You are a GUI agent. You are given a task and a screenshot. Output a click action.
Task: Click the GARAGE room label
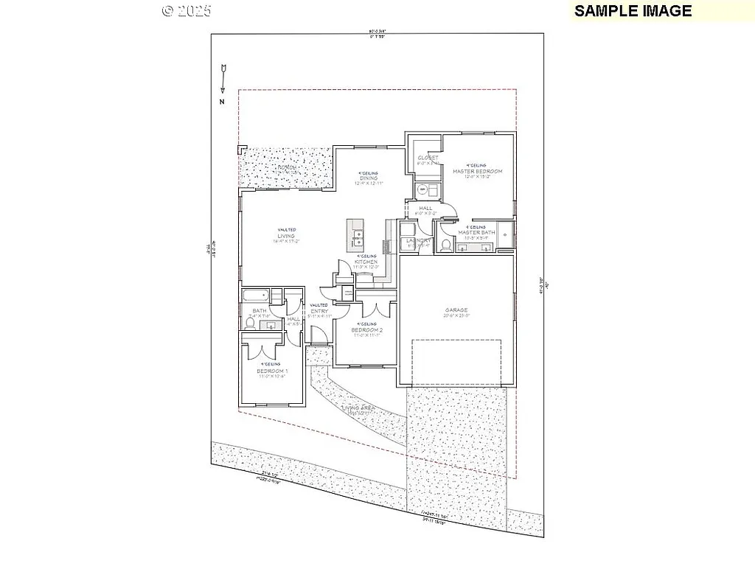click(x=456, y=310)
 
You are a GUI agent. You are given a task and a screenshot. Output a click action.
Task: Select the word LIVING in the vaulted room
click(x=287, y=236)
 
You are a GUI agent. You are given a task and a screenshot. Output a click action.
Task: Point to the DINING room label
click(x=369, y=178)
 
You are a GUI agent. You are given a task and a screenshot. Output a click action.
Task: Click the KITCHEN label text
click(x=366, y=262)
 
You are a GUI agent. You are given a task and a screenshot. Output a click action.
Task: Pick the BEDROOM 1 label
click(x=271, y=371)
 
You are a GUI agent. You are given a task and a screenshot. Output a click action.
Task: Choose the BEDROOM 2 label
click(x=368, y=330)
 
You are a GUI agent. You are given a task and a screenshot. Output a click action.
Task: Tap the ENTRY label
click(x=319, y=311)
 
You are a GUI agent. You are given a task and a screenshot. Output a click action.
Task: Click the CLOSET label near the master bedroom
click(x=428, y=158)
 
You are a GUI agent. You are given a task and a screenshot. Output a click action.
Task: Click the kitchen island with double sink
click(x=357, y=235)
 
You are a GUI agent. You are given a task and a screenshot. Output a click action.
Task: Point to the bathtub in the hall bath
click(x=254, y=296)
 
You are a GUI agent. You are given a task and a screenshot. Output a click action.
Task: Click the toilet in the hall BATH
click(x=249, y=323)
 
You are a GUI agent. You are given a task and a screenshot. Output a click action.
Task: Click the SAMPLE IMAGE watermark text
click(x=633, y=10)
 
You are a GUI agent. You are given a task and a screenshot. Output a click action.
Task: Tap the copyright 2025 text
click(x=187, y=11)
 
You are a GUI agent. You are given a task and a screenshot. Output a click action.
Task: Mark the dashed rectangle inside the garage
click(x=455, y=362)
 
